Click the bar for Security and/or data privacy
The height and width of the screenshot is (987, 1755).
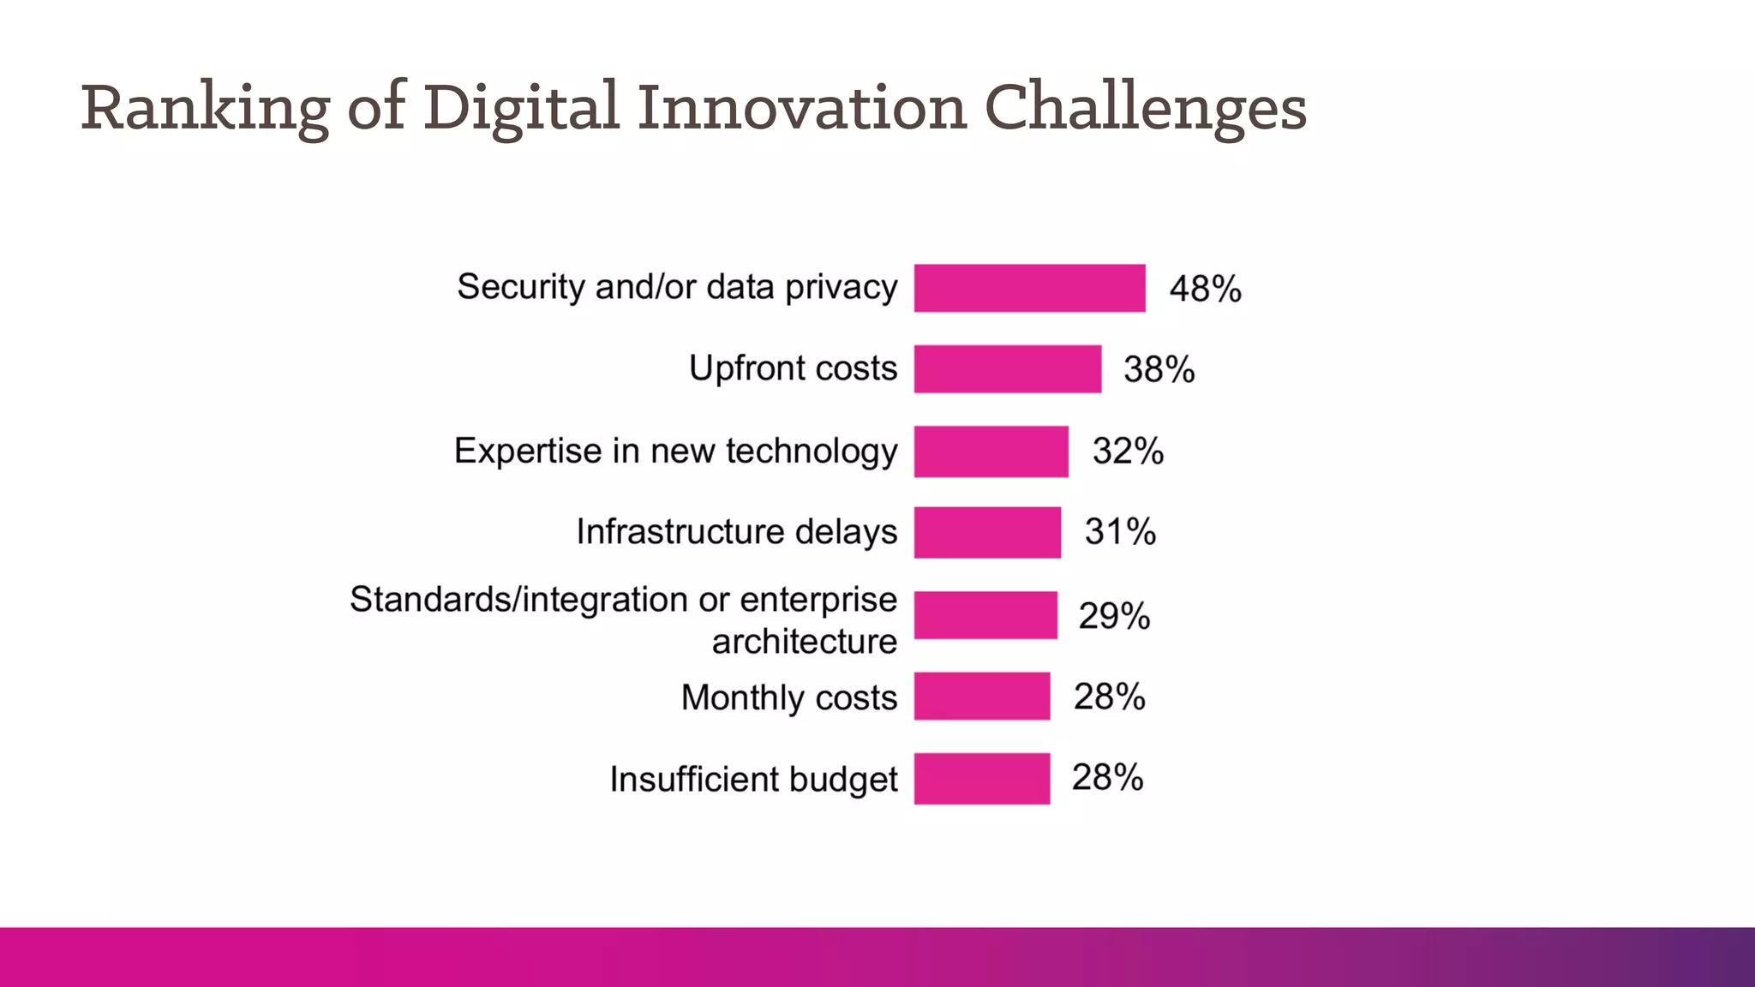pos(1029,288)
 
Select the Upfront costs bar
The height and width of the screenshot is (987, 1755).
pos(1007,369)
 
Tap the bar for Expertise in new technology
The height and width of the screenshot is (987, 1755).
pos(991,452)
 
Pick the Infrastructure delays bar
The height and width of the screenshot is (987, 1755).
pos(987,532)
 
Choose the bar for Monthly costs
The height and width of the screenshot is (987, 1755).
pos(981,696)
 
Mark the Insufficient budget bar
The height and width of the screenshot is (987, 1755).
pos(981,778)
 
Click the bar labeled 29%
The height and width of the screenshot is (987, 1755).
pos(985,615)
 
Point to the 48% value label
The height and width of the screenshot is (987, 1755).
pos(1205,289)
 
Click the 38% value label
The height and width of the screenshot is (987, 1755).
pos(1159,370)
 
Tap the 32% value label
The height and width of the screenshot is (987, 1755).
pos(1128,452)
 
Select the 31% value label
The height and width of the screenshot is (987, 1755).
pos(1120,532)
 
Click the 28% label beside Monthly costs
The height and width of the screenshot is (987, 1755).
pos(1109,697)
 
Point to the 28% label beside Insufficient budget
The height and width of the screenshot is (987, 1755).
pos(1107,778)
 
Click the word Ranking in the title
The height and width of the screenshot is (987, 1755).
pos(205,109)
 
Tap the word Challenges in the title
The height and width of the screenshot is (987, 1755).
pos(1145,109)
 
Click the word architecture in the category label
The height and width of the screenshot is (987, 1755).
pos(804,642)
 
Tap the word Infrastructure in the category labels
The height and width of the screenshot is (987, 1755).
pos(680,532)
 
